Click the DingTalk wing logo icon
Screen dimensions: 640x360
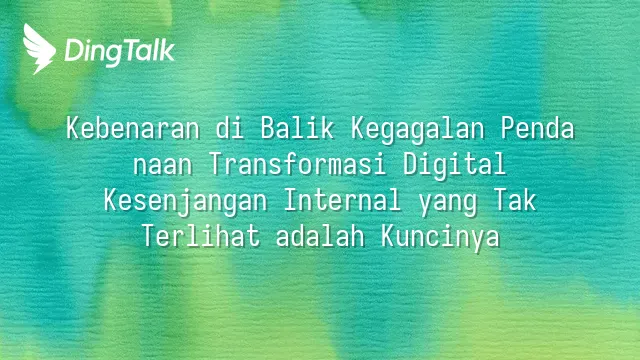pos(39,49)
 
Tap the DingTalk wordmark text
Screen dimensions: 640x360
pos(119,52)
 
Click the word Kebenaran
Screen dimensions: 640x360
pos(133,128)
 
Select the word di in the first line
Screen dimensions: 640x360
pos(230,128)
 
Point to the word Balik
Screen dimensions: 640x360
pos(297,128)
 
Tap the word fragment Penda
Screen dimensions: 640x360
pos(537,128)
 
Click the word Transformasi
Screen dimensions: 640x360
pos(297,164)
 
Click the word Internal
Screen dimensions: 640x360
pos(342,200)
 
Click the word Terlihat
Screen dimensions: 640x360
pos(200,236)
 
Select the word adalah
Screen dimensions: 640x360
pos(320,236)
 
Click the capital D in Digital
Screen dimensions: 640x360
pos(410,164)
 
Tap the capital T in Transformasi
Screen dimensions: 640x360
pos(216,164)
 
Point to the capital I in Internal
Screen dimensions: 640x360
pos(290,200)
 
